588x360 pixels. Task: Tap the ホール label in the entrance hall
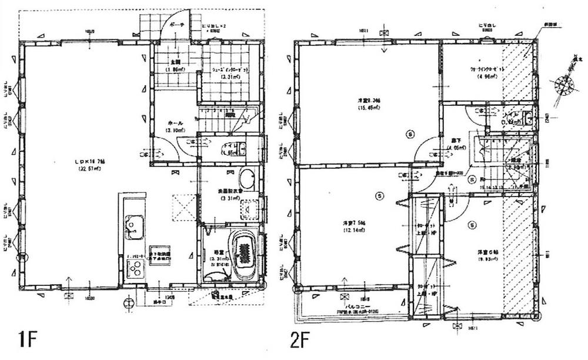175,123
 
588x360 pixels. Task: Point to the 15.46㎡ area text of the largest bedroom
367,108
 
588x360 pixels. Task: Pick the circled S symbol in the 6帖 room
471,224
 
